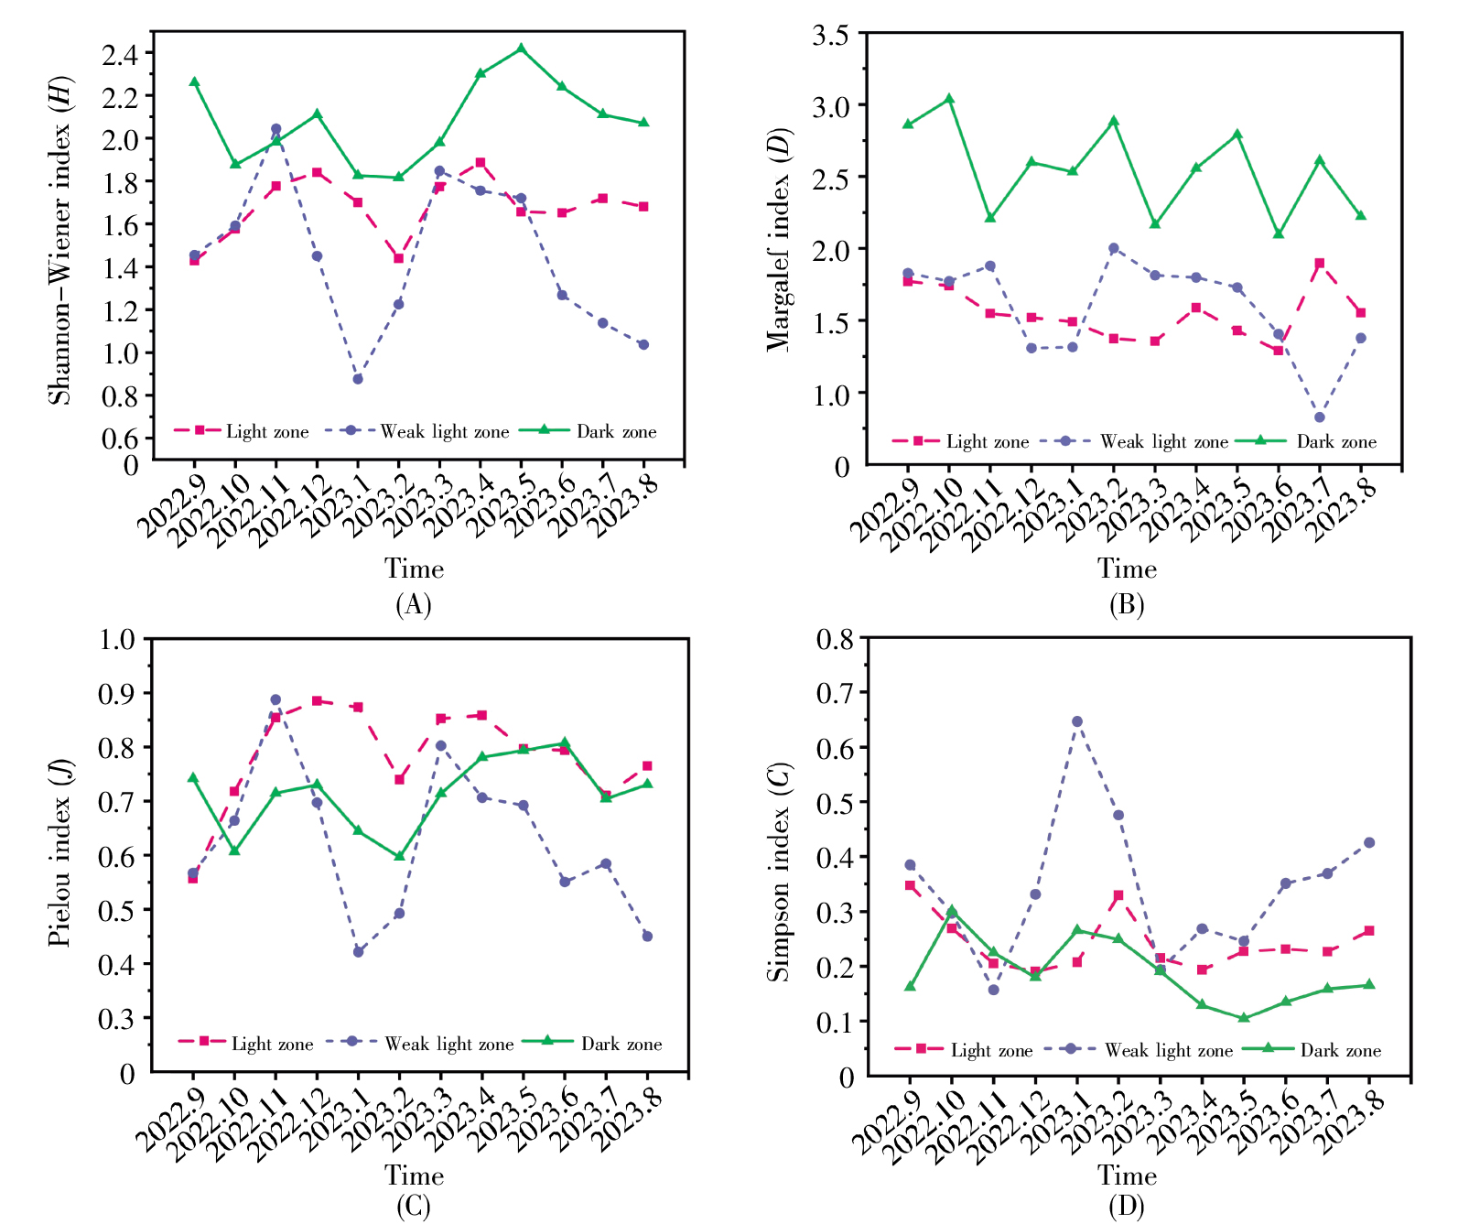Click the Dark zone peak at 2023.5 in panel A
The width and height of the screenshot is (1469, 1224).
tap(521, 49)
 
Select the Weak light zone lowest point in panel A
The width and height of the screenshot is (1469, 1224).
tap(358, 379)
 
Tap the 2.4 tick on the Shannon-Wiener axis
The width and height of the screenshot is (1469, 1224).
tap(120, 54)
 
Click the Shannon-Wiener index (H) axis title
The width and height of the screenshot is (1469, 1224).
tap(59, 240)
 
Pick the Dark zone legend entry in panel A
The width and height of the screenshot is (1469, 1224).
tap(588, 431)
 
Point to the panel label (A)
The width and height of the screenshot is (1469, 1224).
tap(414, 605)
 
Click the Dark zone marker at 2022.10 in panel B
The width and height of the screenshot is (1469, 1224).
tap(949, 99)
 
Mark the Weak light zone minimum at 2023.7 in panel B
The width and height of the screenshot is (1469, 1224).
tap(1320, 417)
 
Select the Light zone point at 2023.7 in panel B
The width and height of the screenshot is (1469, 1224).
tap(1320, 264)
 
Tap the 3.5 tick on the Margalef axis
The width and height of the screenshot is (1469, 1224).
tap(830, 35)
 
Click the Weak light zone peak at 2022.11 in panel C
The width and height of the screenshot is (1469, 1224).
tap(275, 700)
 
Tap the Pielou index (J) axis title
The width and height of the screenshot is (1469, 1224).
tap(59, 853)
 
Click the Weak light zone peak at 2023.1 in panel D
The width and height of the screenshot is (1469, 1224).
tap(1077, 721)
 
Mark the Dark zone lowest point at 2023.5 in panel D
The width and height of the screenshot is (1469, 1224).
tap(1244, 1018)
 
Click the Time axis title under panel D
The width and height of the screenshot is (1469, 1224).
tap(1127, 1175)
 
